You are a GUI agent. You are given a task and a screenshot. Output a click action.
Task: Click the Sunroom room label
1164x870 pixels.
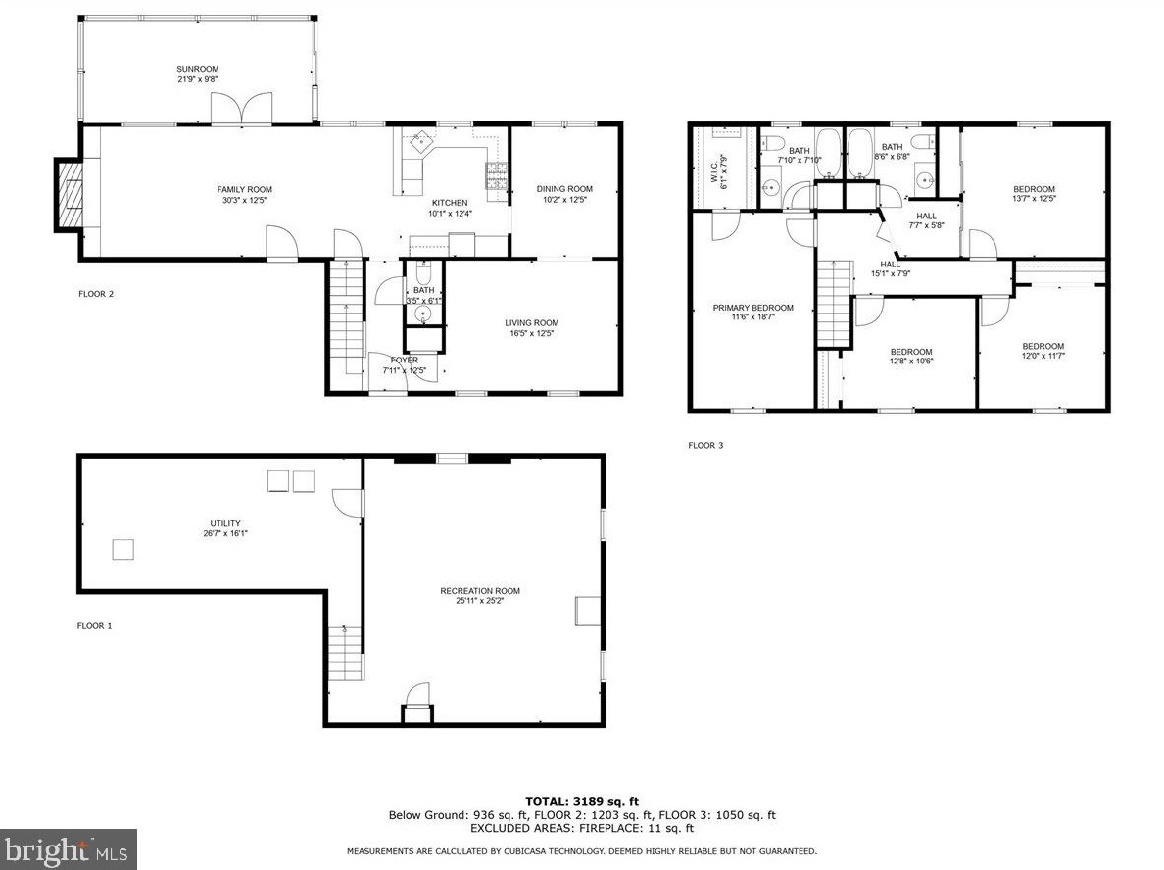(x=198, y=69)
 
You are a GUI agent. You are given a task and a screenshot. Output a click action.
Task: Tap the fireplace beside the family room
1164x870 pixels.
(x=69, y=195)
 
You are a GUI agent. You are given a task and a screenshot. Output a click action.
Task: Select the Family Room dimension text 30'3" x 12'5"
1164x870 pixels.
(x=244, y=199)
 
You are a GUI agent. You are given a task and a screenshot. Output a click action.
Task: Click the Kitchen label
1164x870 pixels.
(x=450, y=203)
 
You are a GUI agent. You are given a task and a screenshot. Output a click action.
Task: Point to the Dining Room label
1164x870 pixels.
(x=564, y=189)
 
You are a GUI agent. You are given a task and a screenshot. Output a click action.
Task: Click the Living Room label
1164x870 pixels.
(x=531, y=323)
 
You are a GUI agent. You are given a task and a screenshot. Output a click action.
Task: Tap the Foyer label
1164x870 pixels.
(x=405, y=360)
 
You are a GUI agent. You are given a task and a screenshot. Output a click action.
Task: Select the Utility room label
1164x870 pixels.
(x=225, y=523)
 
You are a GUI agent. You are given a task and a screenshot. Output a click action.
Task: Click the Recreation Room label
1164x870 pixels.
(x=479, y=591)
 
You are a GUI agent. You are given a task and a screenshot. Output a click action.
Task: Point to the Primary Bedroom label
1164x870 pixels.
(x=752, y=308)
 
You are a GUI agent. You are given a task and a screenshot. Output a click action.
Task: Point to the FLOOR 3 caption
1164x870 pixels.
(x=705, y=446)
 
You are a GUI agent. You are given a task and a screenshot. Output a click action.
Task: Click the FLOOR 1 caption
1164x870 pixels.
(x=95, y=626)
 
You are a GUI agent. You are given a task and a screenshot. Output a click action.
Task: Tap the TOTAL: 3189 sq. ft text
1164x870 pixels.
(x=582, y=801)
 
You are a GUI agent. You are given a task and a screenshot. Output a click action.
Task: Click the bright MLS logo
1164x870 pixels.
(x=69, y=849)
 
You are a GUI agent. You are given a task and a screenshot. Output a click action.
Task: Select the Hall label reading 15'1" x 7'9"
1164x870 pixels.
(x=890, y=268)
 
